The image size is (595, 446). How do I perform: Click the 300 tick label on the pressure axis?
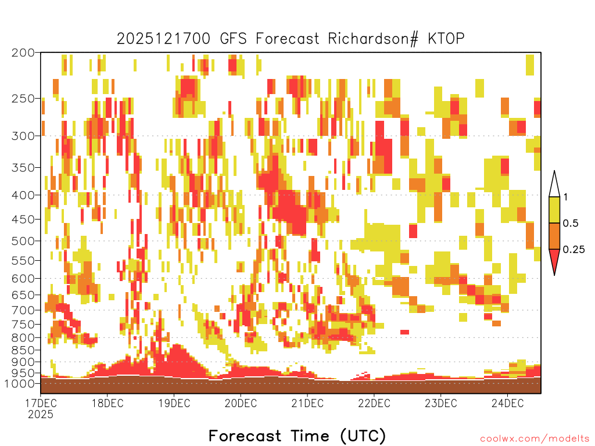click(23, 136)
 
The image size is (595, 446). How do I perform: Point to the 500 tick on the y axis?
click(23, 241)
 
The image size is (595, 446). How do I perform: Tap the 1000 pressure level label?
click(20, 383)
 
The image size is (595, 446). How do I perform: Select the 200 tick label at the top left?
click(23, 53)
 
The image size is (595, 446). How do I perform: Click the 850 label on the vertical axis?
click(23, 350)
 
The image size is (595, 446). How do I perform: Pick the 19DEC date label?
click(174, 403)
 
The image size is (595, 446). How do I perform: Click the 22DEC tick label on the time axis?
click(374, 403)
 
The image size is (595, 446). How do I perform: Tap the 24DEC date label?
click(508, 403)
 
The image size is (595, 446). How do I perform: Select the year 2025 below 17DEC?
click(41, 414)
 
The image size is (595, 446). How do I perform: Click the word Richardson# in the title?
click(373, 39)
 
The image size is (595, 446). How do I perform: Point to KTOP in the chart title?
click(446, 39)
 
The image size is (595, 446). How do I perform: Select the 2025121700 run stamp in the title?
click(163, 39)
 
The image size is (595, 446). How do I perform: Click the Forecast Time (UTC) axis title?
click(297, 436)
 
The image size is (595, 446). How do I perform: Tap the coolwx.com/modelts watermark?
click(535, 439)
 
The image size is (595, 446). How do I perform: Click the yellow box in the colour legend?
click(554, 210)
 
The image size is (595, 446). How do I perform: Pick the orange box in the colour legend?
click(554, 236)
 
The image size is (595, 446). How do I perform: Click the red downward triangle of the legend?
click(554, 259)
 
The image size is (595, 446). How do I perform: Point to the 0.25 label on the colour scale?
click(574, 250)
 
